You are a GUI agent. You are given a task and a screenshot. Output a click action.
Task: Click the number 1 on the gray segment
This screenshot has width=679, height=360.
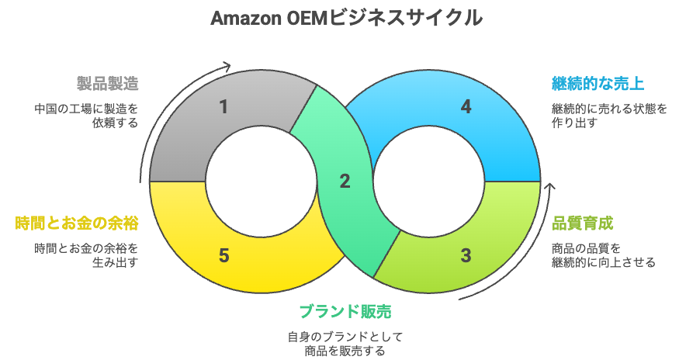[x=223, y=107]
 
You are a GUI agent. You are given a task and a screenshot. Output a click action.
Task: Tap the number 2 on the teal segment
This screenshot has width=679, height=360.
[x=345, y=182]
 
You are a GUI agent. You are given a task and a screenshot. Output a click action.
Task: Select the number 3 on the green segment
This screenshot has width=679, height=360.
[x=466, y=255]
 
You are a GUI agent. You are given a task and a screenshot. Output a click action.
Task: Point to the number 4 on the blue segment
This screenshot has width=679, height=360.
[x=466, y=107]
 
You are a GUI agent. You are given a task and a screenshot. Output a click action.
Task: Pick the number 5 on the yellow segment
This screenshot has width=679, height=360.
[x=223, y=255]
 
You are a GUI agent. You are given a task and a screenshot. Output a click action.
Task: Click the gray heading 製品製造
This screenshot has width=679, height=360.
[x=107, y=83]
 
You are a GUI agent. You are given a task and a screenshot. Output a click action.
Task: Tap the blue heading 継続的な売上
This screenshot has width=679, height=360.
[x=598, y=83]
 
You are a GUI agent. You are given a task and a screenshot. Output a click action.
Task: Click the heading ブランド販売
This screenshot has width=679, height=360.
[x=345, y=312]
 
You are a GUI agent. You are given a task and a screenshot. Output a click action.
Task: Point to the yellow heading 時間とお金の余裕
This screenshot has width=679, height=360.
[x=77, y=223]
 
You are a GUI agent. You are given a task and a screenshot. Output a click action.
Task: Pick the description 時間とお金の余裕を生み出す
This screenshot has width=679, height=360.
[x=86, y=255]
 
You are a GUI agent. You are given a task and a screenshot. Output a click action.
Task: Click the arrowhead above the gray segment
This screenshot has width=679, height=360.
[x=227, y=67]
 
